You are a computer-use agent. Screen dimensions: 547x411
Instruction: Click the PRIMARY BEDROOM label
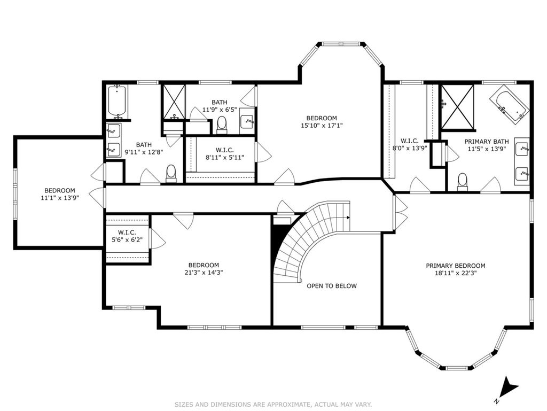coord(455,266)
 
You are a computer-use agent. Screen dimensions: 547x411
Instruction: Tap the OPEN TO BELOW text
coord(332,286)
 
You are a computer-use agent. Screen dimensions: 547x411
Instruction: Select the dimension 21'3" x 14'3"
coord(204,273)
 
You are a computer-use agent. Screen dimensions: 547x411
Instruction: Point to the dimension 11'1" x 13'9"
coord(60,198)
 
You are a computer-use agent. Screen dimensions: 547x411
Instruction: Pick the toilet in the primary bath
coord(462,182)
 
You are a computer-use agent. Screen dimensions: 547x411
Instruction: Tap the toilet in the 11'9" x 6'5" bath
coord(222,125)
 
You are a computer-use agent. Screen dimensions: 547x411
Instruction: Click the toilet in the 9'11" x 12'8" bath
coord(171,173)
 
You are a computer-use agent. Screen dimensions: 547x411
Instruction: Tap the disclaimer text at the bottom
coord(273,405)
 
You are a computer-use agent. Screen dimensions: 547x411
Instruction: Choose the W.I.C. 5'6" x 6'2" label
coord(127,236)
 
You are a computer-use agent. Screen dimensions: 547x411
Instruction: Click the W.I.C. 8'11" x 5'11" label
coord(225,153)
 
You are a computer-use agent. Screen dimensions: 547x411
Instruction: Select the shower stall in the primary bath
coord(458,106)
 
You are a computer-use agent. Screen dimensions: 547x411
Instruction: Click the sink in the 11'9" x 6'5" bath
coord(247,121)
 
